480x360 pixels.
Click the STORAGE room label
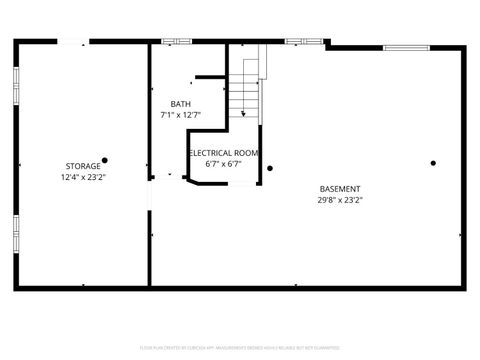click(x=83, y=166)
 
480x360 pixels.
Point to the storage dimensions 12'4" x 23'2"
click(x=83, y=177)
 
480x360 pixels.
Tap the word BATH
click(x=180, y=104)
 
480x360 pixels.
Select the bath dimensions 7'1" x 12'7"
click(x=180, y=115)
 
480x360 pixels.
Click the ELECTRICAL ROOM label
click(x=225, y=153)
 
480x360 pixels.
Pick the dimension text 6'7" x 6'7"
click(x=225, y=164)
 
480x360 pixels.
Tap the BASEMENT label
click(x=340, y=189)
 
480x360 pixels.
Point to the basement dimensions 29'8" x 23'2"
click(x=340, y=200)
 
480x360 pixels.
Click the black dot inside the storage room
click(x=104, y=160)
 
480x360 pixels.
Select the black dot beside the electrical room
click(x=270, y=168)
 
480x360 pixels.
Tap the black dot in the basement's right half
click(x=433, y=163)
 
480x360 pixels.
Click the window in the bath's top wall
click(x=177, y=42)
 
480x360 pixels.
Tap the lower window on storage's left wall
click(x=16, y=232)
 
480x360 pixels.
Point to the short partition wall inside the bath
click(x=209, y=77)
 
